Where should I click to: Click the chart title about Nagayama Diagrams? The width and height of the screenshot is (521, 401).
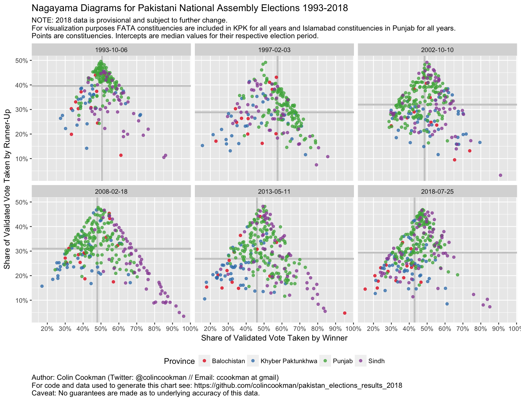click(190, 8)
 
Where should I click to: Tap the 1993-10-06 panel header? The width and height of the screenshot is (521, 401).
click(111, 50)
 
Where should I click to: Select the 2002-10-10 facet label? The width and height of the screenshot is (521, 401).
click(437, 50)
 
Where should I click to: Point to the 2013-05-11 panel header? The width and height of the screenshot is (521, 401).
click(274, 191)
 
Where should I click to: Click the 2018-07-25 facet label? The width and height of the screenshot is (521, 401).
click(437, 191)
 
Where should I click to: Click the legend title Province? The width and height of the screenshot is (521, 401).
click(179, 361)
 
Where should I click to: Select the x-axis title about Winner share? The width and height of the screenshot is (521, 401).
click(274, 338)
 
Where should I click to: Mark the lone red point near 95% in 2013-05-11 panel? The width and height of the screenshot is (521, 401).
click(345, 313)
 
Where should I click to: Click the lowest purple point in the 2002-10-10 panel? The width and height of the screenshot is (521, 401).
click(501, 175)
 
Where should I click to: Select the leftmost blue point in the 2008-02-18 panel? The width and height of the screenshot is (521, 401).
click(42, 286)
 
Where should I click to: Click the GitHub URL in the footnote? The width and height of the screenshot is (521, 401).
click(298, 385)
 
